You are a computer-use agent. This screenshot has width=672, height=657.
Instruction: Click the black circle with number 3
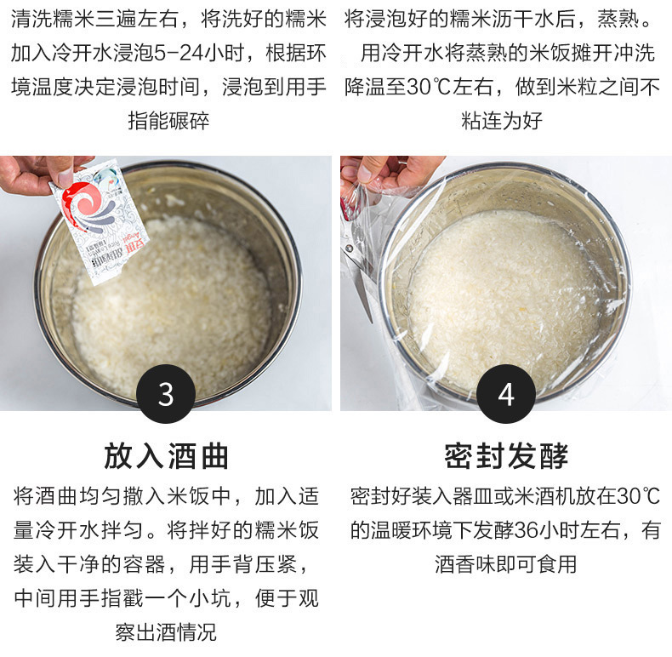coord(166,394)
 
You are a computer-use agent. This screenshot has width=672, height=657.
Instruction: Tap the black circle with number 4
coord(506,394)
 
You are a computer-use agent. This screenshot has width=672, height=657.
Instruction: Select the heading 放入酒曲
coord(166,456)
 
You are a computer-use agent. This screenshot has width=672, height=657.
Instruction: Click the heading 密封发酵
coord(506,456)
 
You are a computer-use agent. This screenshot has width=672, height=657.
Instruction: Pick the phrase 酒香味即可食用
coord(506,563)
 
